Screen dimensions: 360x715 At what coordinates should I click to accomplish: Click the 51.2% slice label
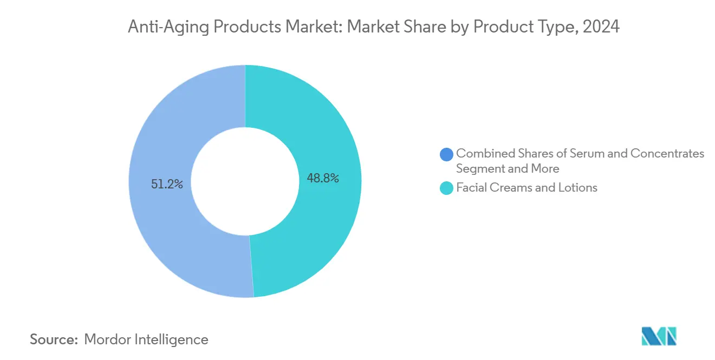click(x=167, y=185)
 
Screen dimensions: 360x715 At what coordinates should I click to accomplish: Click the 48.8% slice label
click(x=323, y=178)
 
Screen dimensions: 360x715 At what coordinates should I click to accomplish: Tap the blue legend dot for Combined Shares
click(x=447, y=154)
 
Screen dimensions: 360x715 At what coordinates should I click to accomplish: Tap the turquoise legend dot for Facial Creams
click(x=447, y=188)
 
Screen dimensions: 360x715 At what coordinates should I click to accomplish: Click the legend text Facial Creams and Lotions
click(x=526, y=188)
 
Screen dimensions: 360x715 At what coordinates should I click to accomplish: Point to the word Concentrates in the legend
click(x=668, y=154)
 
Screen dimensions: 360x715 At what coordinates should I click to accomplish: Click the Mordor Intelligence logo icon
click(x=659, y=336)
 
